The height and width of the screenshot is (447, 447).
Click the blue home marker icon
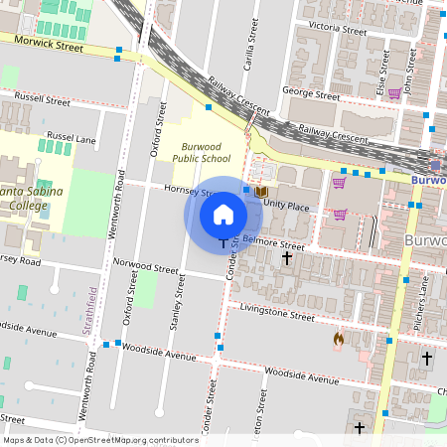(x=223, y=215)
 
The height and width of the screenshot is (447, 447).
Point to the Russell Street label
(x=40, y=100)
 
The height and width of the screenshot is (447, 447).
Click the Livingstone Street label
(x=276, y=313)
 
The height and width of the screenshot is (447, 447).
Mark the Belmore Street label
(x=273, y=241)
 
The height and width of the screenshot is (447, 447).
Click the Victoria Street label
(x=338, y=27)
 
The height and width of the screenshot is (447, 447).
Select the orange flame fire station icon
(x=339, y=340)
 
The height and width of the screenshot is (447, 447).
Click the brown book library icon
(x=261, y=191)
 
